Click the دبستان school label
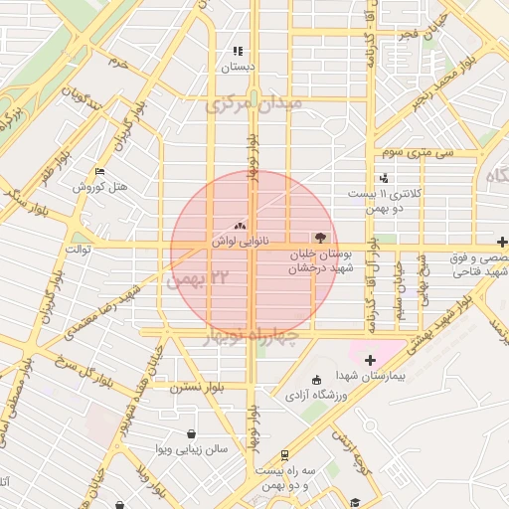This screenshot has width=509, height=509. click(x=238, y=67)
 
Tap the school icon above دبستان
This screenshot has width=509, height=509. click(x=238, y=51)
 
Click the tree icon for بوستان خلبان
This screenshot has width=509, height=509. click(x=320, y=238)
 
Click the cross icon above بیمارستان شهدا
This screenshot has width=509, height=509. click(x=371, y=358)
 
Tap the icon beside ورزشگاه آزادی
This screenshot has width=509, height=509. click(x=316, y=379)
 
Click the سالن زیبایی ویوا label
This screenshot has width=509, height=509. click(x=194, y=448)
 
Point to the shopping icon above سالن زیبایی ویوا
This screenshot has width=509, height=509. click(x=192, y=433)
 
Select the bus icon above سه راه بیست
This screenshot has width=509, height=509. click(x=284, y=454)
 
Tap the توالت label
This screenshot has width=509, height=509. click(x=77, y=249)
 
